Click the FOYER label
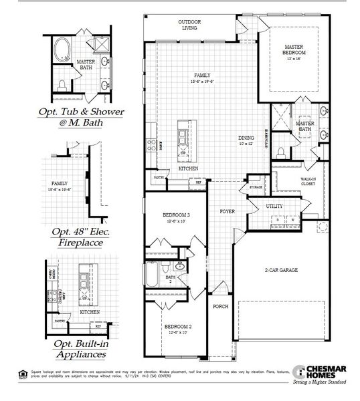(228, 211)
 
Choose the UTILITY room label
(274, 206)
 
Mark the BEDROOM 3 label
(176, 217)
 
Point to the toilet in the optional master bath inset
(62, 84)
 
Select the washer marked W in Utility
(292, 219)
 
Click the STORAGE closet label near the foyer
(256, 188)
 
